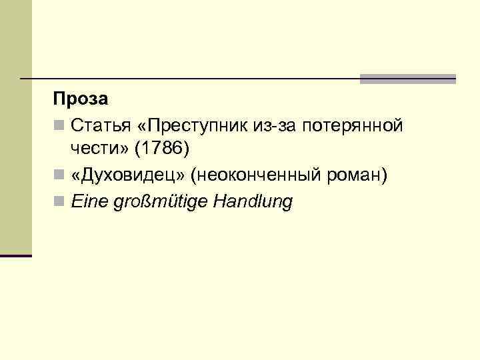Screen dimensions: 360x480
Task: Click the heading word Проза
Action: [80, 99]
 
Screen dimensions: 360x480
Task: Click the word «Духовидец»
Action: [127, 176]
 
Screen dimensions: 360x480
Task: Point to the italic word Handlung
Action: [253, 202]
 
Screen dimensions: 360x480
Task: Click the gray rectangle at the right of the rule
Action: [407, 79]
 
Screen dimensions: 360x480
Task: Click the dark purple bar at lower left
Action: [15, 256]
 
